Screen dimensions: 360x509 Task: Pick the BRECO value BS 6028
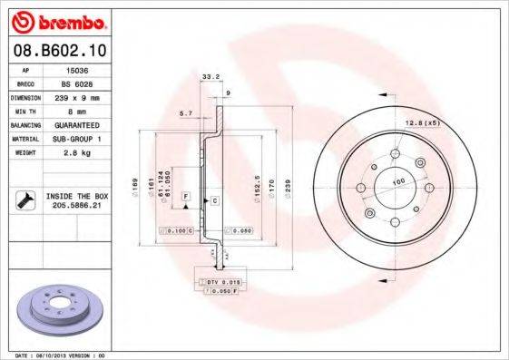click(76, 82)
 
